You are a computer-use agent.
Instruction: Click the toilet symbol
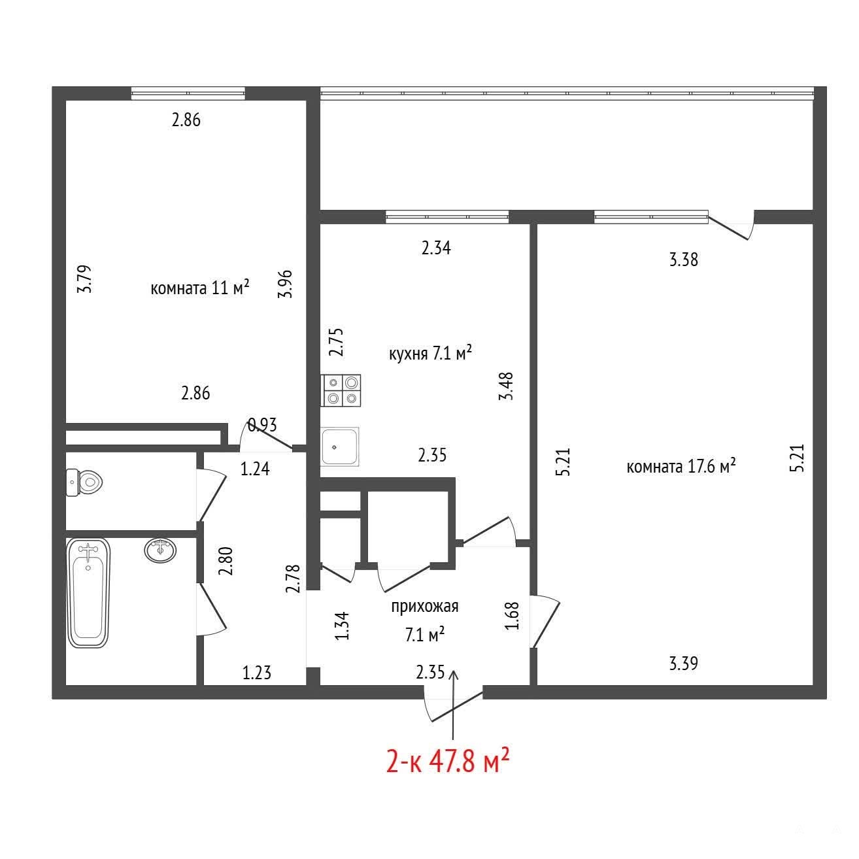pos(84,482)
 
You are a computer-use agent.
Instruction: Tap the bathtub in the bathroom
pos(88,592)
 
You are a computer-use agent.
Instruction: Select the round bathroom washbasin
pos(160,550)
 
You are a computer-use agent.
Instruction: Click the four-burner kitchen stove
pos(341,390)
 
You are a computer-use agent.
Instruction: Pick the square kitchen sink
pos(340,446)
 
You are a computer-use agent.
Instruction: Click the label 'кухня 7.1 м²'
pos(430,354)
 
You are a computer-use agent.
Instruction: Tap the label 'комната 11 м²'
pos(199,288)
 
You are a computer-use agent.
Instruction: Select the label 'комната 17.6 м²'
pos(681,466)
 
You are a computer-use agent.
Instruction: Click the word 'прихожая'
pos(425,607)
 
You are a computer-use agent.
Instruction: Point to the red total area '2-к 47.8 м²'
pos(448,762)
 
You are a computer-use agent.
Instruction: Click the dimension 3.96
pos(285,284)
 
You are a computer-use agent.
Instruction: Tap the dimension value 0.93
pos(262,425)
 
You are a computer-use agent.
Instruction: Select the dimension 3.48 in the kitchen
pos(507,386)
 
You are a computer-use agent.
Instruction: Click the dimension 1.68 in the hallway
pos(512,616)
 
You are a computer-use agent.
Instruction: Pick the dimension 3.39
pos(683,664)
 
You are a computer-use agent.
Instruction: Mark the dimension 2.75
pos(337,342)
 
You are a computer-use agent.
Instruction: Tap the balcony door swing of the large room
pos(731,228)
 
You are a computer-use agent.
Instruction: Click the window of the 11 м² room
pos(188,93)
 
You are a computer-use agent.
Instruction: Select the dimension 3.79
pos(84,278)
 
